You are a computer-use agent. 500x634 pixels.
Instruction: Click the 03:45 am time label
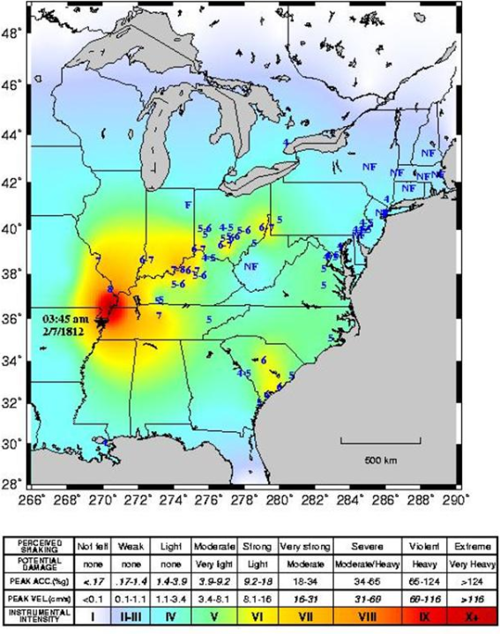64,317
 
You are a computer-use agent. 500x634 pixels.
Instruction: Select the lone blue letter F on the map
188,205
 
